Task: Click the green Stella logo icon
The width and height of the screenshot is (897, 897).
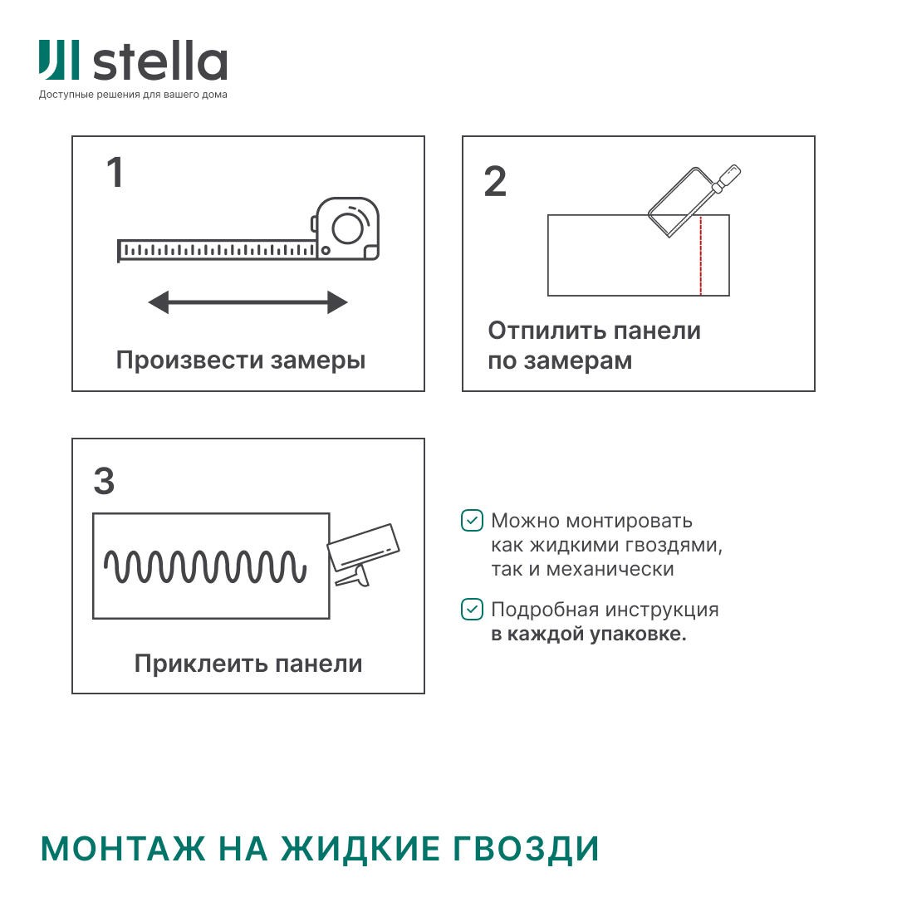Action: tap(59, 62)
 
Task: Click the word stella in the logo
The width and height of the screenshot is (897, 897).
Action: tap(159, 63)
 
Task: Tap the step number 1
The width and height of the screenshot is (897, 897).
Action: tap(115, 173)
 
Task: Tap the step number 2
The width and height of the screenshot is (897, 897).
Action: tap(495, 182)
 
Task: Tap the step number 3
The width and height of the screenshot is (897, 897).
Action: tap(104, 482)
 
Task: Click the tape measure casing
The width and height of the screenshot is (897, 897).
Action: tap(348, 228)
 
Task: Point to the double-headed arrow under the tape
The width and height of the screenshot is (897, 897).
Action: tap(248, 302)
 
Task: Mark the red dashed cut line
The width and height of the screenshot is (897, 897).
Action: tap(701, 256)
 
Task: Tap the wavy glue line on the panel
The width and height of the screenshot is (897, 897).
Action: tap(205, 566)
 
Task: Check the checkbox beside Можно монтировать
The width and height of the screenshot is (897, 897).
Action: tap(472, 521)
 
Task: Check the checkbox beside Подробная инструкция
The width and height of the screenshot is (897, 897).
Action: tap(472, 610)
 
